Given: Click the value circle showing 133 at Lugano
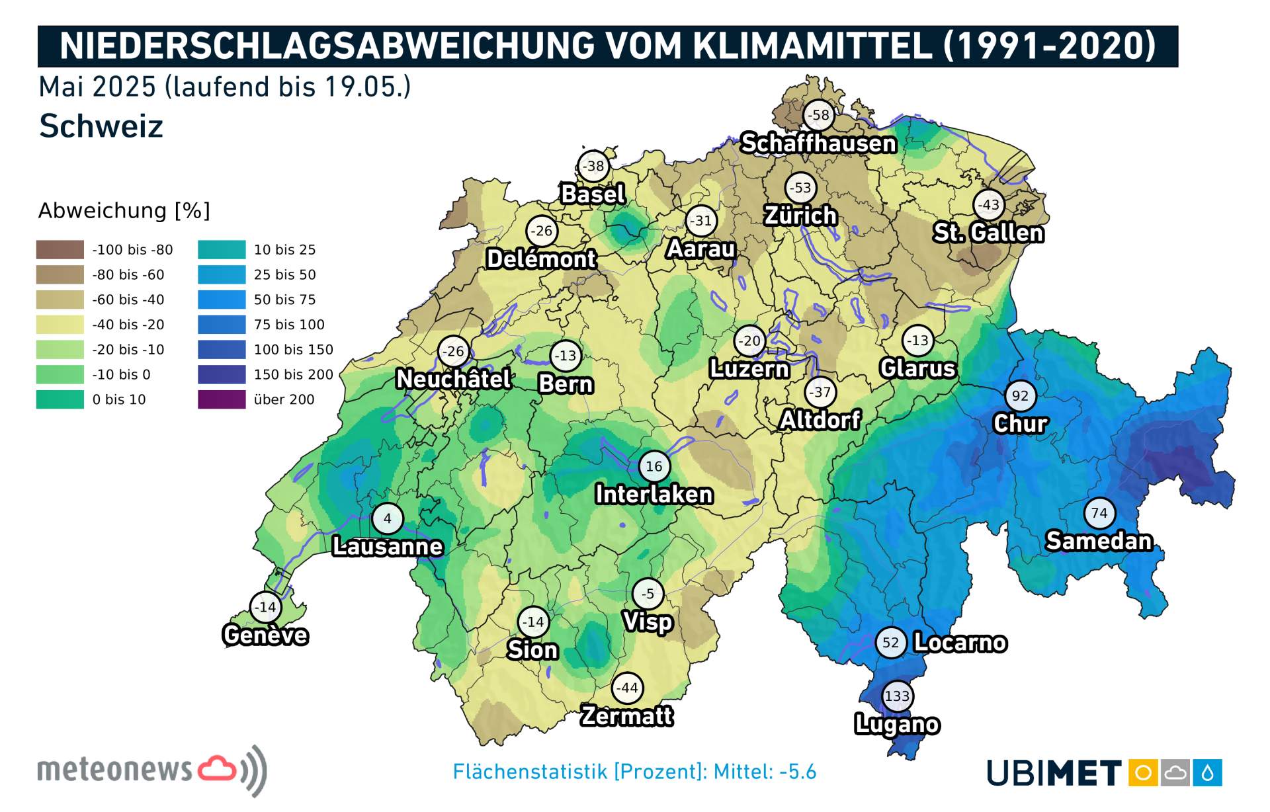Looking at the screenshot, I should point(897,696).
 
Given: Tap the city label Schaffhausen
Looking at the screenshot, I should point(818,143).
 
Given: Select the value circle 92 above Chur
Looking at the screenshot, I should point(1020,396).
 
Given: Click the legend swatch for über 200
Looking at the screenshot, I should point(222,399).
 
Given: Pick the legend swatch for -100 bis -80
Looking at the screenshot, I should point(60,250).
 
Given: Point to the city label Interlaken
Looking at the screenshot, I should point(654,495).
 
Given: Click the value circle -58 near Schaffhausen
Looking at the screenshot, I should point(819,115).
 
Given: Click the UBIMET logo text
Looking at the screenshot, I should point(1054,773).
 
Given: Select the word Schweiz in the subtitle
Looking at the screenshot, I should point(101,126).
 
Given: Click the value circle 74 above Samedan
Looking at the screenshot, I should point(1099,513).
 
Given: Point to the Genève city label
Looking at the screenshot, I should point(265,635).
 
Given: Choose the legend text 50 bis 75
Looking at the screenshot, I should point(284,300).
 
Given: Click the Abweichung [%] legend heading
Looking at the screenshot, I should point(124,211).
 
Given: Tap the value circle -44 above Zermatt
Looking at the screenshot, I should point(626,688).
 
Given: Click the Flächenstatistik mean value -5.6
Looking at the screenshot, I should point(797,772).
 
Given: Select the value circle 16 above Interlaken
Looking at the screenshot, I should point(654,467).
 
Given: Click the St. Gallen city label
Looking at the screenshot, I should point(988,233).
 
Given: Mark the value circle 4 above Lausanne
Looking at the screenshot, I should point(388,519).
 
